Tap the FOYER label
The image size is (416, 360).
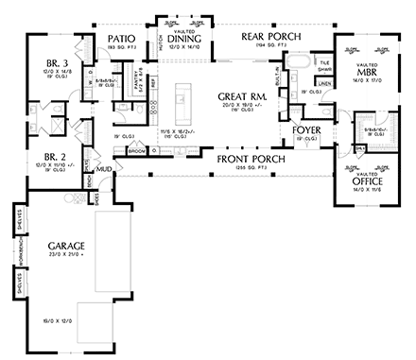(x=308, y=129)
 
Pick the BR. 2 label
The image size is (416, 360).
(x=44, y=158)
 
